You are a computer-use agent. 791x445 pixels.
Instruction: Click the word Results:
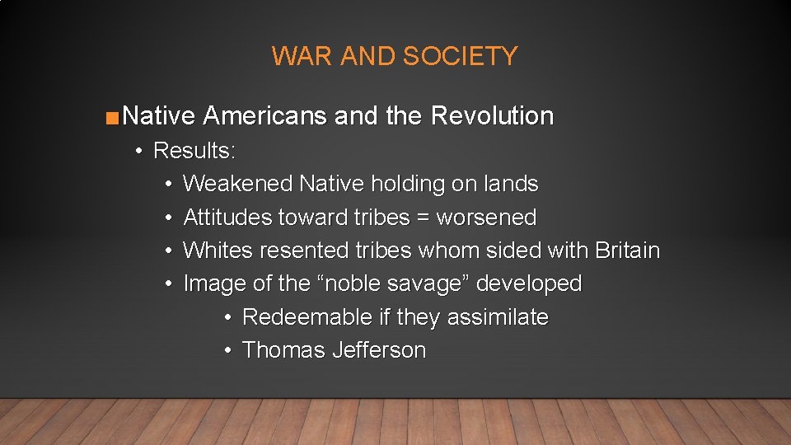194,151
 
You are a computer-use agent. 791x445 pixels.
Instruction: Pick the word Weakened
237,184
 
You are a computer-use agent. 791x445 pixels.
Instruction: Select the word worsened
486,218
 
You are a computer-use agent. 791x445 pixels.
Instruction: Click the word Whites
211,251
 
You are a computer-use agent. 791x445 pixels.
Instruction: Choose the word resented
288,251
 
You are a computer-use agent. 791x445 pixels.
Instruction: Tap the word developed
529,284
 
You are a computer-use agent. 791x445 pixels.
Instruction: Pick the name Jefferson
379,350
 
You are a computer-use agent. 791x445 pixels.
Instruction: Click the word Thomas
284,350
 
